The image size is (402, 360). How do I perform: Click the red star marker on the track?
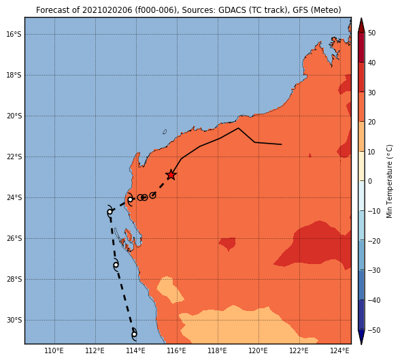tap(171, 175)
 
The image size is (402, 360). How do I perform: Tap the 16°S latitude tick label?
tap(14, 34)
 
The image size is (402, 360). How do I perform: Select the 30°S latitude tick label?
tap(14, 321)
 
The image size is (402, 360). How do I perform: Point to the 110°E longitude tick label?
tap(54, 350)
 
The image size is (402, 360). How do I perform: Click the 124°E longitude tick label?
tap(340, 350)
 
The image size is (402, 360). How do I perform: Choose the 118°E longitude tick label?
tap(218, 350)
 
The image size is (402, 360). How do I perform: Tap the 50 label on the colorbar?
tap(371, 33)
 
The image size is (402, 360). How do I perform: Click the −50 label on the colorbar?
tap(373, 330)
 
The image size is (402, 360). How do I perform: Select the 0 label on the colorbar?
tap(370, 181)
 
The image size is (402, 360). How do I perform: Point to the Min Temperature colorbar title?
tap(389, 181)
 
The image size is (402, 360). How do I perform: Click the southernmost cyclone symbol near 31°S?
tap(134, 334)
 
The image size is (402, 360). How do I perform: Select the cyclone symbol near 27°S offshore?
tap(116, 265)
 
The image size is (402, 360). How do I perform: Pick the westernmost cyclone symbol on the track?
tap(110, 212)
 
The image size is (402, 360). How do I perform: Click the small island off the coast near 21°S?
tap(165, 132)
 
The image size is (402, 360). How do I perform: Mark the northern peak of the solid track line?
tap(238, 128)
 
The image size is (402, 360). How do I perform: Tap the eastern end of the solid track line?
tap(282, 144)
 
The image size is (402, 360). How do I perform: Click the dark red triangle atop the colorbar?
tap(361, 25)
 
